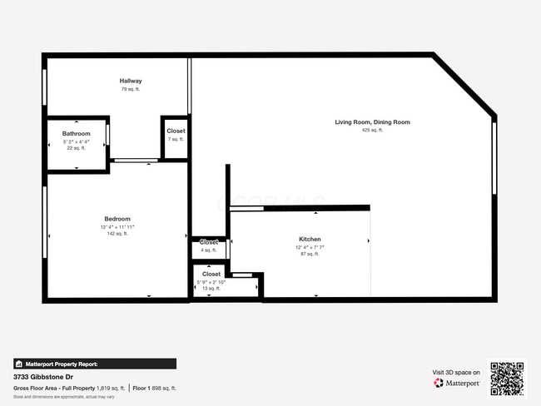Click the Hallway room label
click(x=131, y=81)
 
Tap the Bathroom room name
click(x=76, y=133)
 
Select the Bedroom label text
click(x=117, y=219)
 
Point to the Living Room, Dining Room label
click(x=372, y=122)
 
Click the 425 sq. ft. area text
click(x=372, y=130)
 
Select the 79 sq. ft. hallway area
click(x=131, y=89)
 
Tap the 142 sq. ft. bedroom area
click(x=117, y=234)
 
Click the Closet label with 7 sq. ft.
click(x=176, y=131)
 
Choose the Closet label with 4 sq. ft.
click(x=208, y=242)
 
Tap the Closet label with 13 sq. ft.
click(x=211, y=274)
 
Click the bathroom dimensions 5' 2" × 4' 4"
click(x=76, y=141)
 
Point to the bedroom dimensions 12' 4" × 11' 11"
click(x=117, y=226)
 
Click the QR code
click(x=507, y=378)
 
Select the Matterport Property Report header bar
click(x=94, y=364)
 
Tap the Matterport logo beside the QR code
click(x=457, y=383)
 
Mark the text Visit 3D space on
click(x=456, y=372)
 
